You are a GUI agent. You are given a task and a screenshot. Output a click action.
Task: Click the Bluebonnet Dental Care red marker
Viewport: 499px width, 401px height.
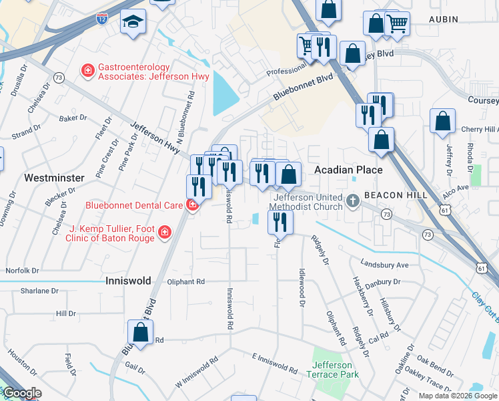193,205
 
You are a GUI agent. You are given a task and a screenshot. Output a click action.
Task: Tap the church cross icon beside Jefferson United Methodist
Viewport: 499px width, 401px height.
354,200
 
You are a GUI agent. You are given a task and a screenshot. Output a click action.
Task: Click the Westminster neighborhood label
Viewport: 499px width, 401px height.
54,178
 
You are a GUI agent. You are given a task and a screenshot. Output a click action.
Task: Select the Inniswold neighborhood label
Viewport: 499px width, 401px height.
128,281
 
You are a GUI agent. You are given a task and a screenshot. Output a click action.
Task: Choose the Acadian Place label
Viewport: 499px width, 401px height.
348,170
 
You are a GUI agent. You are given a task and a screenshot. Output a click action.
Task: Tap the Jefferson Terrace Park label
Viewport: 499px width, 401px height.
333,370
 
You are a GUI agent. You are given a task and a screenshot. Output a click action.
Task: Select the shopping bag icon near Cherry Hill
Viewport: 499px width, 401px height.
442,122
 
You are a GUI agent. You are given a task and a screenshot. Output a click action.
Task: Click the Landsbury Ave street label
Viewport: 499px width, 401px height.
384,265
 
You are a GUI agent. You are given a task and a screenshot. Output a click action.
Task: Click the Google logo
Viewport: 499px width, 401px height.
21,394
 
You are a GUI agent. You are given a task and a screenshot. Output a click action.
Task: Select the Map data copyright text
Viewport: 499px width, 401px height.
457,396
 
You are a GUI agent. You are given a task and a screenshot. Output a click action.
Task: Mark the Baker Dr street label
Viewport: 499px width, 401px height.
73,118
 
